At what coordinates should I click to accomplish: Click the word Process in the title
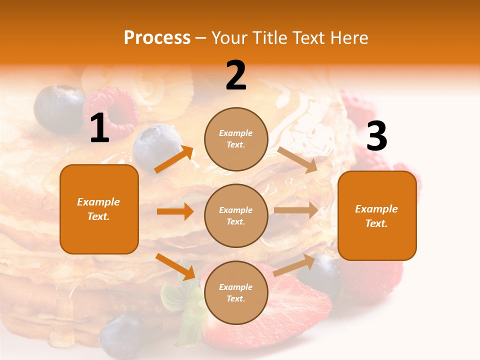157,38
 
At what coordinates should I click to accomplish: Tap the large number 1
99,128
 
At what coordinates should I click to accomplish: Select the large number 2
236,75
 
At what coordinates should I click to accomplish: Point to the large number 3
376,136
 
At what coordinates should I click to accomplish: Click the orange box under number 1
99,209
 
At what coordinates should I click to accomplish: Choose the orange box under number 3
377,215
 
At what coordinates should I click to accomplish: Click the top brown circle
236,139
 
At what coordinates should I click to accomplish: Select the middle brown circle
236,215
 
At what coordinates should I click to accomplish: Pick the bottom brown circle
236,292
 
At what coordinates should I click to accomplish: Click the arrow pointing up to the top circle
174,159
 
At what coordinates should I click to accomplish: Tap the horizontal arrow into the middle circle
175,211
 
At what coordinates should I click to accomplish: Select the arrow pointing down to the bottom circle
175,266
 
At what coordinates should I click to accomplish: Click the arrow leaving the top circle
297,159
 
